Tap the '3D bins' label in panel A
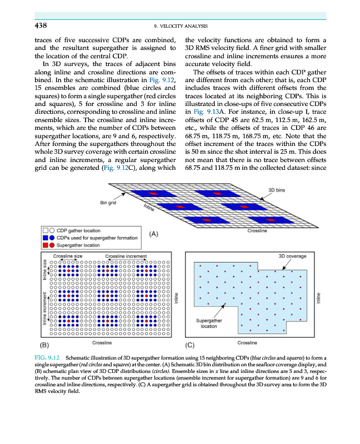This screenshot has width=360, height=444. [277, 190]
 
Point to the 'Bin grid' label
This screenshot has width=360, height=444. [108, 203]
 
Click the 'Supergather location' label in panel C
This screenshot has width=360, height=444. [209, 323]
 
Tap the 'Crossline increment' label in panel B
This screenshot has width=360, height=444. [126, 255]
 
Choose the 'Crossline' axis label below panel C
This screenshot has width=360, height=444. [247, 343]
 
